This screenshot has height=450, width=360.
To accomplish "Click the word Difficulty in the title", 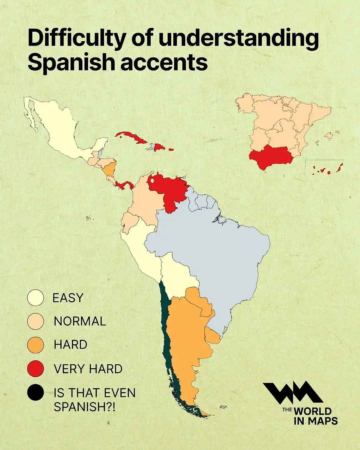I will click(76, 39).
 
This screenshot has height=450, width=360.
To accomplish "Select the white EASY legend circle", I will click(35, 298).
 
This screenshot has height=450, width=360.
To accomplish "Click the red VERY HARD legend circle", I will click(35, 369).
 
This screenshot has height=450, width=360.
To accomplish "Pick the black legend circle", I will click(35, 392).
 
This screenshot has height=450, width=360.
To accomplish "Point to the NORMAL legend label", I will click(80, 321).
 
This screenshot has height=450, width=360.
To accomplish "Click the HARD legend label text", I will click(70, 345).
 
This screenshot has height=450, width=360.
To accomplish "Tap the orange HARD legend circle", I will click(35, 345).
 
